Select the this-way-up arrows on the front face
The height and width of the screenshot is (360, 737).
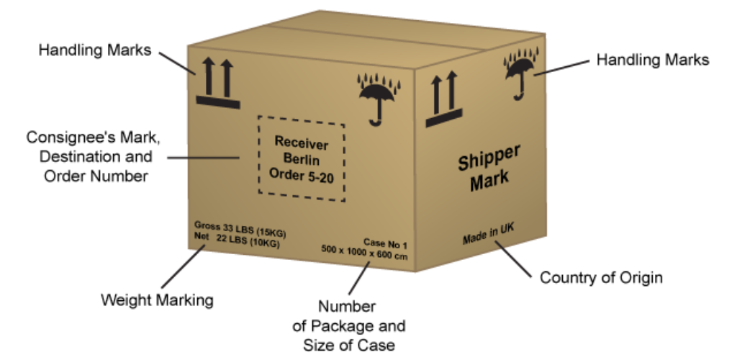coord(217,83)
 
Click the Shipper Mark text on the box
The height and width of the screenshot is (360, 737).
coord(489,168)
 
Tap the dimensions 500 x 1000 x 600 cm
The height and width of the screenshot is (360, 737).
coord(364,254)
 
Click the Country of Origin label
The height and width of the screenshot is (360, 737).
coord(601,277)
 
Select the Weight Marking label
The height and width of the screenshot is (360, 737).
coord(157,300)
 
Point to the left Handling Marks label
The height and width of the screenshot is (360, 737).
coord(94,50)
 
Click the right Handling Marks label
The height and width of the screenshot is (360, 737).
coord(653,60)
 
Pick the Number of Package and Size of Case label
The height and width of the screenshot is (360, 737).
coord(348,326)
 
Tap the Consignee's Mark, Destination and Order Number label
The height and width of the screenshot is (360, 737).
coord(89,156)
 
